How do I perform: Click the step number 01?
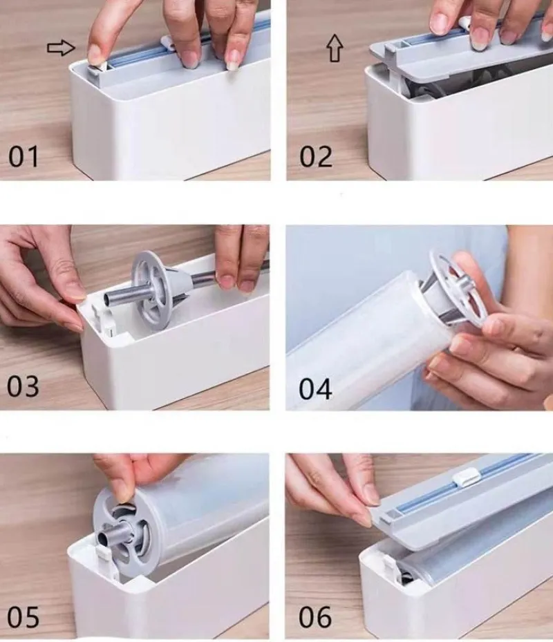pos(24,156)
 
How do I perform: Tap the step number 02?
pos(315,156)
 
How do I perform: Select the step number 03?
pos(23,386)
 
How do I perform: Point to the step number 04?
pos(315,389)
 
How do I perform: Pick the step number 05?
pos(24,617)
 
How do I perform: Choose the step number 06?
pos(315,617)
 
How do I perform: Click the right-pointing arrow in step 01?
pos(62,48)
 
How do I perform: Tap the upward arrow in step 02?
pos(335,48)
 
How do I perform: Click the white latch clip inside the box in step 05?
pos(104,562)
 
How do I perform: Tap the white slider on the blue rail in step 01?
pos(167,44)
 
